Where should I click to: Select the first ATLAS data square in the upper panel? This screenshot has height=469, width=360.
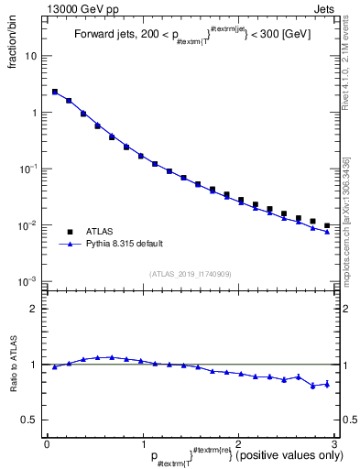coord(54,92)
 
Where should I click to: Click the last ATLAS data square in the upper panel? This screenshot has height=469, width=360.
coord(327,225)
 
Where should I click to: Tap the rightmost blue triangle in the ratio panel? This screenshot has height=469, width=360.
coord(327,384)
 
